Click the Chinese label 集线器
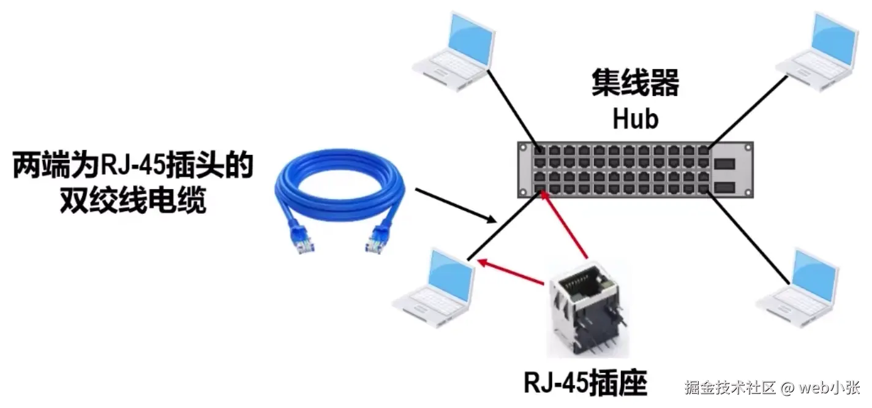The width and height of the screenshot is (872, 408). coord(635,83)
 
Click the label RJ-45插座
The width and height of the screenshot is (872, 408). coord(585,383)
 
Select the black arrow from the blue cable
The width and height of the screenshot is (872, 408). coord(456,205)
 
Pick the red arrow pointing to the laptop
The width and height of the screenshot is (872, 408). coord(511,273)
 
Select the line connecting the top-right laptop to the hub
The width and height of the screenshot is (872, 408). coord(747,110)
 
